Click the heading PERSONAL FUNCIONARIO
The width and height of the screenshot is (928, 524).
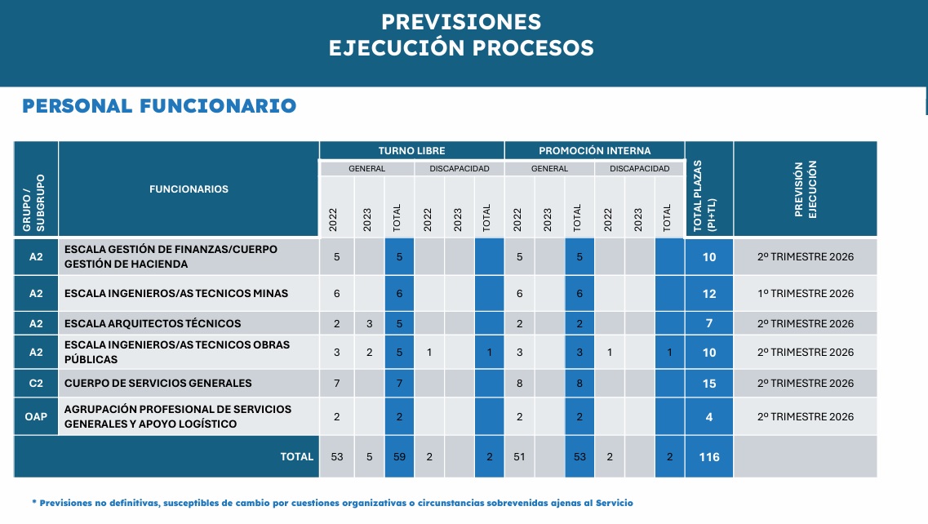pos(159,106)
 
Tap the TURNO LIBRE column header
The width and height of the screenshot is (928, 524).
pos(411,151)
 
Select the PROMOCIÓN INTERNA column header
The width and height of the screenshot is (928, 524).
pos(594,151)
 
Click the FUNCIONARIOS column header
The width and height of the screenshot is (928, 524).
pos(189,189)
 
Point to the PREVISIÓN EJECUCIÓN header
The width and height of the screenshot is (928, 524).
pos(805,189)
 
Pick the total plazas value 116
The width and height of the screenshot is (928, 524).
pos(709,457)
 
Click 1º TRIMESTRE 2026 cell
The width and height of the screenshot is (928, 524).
pos(805,294)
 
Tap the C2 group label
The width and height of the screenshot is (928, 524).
pos(36,384)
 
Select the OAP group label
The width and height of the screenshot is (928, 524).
pos(36,417)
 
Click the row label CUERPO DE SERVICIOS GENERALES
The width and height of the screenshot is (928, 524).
pos(158,384)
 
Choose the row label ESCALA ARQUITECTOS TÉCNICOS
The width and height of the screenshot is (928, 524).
pos(153,324)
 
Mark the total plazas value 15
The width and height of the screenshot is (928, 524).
pos(709,384)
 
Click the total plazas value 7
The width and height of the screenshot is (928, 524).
pos(709,324)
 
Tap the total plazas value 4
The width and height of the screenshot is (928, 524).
pos(709,417)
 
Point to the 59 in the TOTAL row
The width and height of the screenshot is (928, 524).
pos(400,457)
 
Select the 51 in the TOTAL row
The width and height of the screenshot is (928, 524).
pos(520,457)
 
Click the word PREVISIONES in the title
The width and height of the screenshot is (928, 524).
pos(461,21)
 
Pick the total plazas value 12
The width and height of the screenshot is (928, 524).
pos(709,294)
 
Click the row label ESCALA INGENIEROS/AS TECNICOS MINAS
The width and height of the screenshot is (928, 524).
pos(175,294)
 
